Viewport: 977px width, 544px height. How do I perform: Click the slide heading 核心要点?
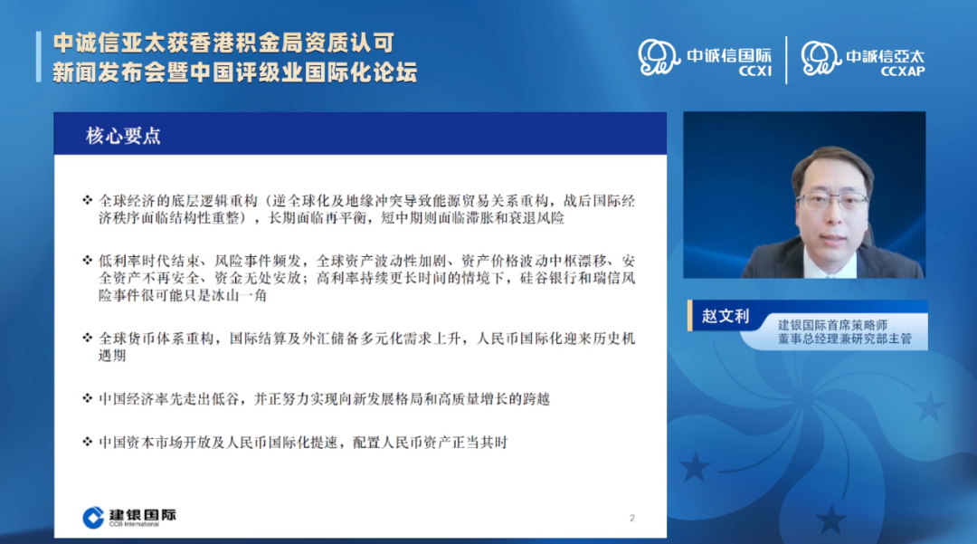(x=123, y=136)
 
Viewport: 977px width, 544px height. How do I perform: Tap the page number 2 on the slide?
(x=631, y=518)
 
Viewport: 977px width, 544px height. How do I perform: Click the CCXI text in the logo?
(x=755, y=72)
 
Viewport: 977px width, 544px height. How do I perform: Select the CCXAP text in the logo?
(x=903, y=72)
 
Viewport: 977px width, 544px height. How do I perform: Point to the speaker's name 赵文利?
(x=726, y=316)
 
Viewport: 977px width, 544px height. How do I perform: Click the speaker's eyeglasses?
(x=832, y=201)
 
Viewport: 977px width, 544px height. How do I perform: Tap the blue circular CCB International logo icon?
(x=93, y=517)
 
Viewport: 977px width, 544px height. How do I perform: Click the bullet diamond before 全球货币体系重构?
(x=87, y=338)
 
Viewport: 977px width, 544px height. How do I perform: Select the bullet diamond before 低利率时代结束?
(x=87, y=260)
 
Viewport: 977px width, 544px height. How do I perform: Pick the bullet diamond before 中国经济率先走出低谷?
(x=87, y=398)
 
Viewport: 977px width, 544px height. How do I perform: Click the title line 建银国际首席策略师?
(x=832, y=325)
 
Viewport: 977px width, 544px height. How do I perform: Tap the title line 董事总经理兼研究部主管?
(x=845, y=339)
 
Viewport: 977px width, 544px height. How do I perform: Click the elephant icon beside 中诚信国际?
(x=658, y=57)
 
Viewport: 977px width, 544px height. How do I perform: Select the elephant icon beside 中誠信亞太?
(x=820, y=58)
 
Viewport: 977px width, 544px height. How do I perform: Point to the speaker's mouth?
(x=830, y=239)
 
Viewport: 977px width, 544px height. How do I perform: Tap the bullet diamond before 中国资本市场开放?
(x=87, y=442)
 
